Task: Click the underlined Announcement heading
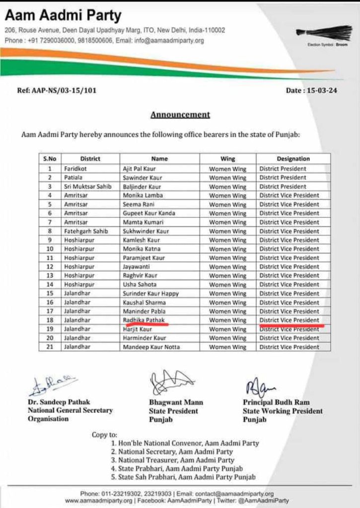click(180, 115)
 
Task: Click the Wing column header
click(227, 159)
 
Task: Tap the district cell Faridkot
click(76, 169)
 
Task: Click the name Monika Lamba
click(143, 195)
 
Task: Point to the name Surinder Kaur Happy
click(150, 294)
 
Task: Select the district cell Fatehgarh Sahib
click(85, 231)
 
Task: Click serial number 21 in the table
click(50, 347)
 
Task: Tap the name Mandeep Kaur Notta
click(151, 347)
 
